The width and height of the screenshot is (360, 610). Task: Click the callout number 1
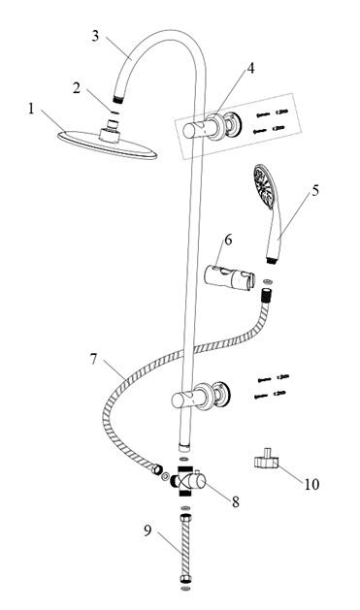[31, 109]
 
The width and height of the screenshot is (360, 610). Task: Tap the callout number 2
[77, 88]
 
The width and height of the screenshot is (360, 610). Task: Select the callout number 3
[96, 36]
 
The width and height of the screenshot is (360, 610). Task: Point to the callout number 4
[250, 68]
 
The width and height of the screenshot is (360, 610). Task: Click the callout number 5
[314, 190]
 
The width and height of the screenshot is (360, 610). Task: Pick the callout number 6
[228, 241]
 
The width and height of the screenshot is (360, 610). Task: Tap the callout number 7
[93, 359]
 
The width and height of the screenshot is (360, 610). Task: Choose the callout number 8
[236, 501]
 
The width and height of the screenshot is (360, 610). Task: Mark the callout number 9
[147, 530]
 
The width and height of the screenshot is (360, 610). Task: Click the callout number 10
[311, 484]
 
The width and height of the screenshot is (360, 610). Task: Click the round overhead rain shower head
[108, 142]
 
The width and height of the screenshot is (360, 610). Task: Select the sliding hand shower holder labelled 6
[230, 276]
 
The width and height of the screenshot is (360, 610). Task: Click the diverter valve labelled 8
[188, 481]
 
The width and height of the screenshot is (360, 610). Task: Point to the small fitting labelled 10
[267, 459]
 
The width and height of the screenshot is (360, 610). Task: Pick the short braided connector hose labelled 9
[185, 548]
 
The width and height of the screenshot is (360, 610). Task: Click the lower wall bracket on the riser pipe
[201, 398]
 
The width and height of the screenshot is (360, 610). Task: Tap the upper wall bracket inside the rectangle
[213, 126]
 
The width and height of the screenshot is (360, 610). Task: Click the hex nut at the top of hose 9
[185, 519]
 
